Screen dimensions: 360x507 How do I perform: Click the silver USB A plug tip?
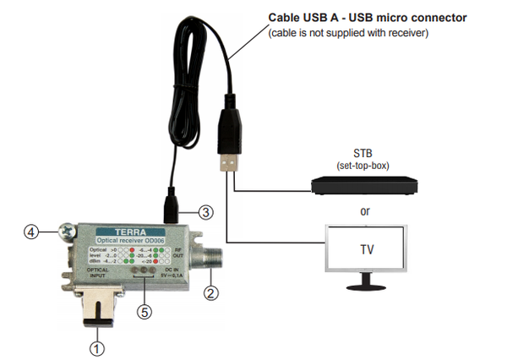(x=230, y=166)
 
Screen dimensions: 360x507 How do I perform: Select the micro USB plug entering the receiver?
(x=169, y=206)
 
